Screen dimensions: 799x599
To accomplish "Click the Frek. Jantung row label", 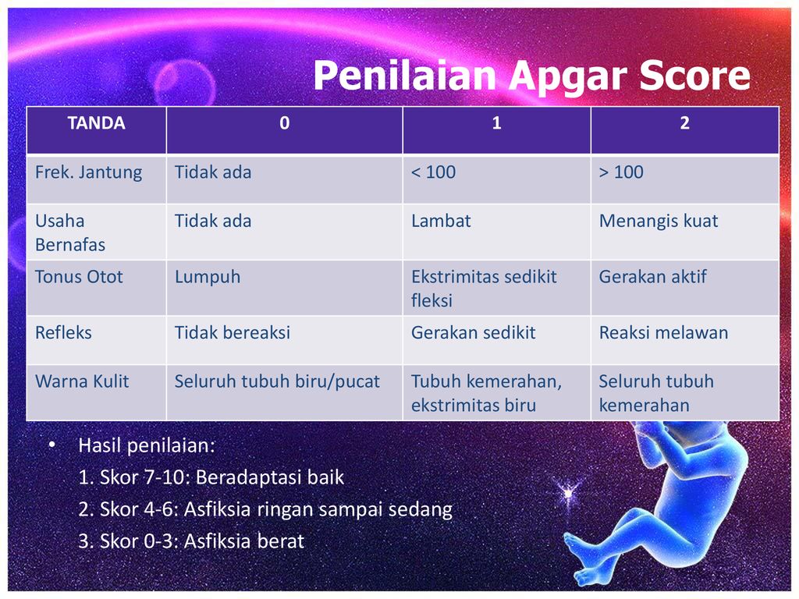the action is click(x=89, y=172).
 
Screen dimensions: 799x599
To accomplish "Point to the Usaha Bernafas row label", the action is click(x=70, y=232).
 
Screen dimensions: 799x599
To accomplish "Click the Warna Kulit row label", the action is click(x=82, y=381).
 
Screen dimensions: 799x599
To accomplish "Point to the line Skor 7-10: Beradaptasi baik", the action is click(x=211, y=477).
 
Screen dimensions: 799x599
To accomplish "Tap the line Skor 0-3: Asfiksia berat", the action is click(x=191, y=541).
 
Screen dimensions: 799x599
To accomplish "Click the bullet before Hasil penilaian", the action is click(x=51, y=445).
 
